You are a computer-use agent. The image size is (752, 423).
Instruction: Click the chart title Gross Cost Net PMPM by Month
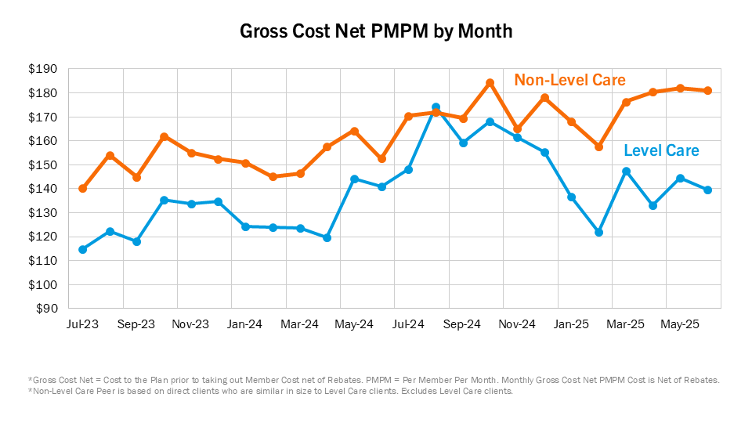click(x=376, y=32)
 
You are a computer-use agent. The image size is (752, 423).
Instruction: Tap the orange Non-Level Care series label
click(x=569, y=80)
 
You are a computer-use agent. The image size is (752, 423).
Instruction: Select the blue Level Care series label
click(x=661, y=150)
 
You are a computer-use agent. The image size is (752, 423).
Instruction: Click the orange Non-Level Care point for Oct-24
click(x=490, y=82)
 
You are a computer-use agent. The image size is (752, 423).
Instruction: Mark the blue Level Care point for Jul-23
click(x=82, y=249)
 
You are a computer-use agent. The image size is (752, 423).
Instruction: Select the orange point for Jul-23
click(x=82, y=188)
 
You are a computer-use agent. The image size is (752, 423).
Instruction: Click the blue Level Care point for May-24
click(x=354, y=179)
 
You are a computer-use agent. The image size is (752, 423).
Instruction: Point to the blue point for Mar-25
click(x=626, y=171)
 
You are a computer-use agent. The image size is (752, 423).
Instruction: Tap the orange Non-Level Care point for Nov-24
click(x=517, y=128)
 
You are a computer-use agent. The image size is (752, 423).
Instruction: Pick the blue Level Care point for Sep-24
click(x=463, y=143)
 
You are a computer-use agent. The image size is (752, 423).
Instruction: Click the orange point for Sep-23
click(x=136, y=177)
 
